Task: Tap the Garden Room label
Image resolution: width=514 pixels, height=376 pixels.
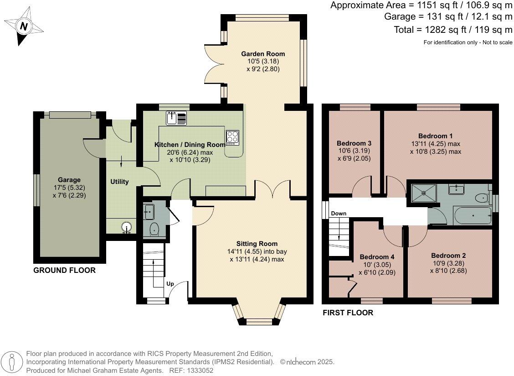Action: pyautogui.click(x=260, y=54)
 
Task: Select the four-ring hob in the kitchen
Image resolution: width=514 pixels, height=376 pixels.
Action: pyautogui.click(x=232, y=137)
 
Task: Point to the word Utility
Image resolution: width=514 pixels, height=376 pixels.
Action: pyautogui.click(x=119, y=182)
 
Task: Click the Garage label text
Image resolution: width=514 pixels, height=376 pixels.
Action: pyautogui.click(x=69, y=180)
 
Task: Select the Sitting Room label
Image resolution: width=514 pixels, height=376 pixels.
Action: pyautogui.click(x=257, y=244)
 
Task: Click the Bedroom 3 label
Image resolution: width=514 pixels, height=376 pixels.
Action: pyautogui.click(x=351, y=141)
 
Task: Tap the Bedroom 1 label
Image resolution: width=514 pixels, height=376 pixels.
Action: pyautogui.click(x=436, y=136)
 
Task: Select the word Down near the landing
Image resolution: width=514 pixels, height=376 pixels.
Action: pyautogui.click(x=339, y=214)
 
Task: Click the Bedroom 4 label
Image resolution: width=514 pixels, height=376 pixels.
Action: pyautogui.click(x=377, y=257)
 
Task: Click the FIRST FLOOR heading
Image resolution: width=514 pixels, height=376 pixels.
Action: pyautogui.click(x=348, y=313)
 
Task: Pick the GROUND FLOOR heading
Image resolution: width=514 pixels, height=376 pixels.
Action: pyautogui.click(x=65, y=271)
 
